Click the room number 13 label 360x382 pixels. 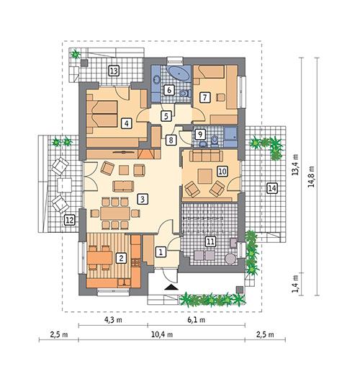click(x=114, y=70)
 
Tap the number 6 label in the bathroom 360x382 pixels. click(x=168, y=90)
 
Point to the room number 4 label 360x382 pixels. click(x=127, y=123)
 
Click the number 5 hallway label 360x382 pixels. click(x=166, y=115)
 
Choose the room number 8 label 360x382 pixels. click(x=171, y=140)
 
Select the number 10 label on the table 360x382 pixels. click(x=222, y=171)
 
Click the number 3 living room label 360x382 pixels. click(x=143, y=198)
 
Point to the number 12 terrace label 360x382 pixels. click(x=69, y=221)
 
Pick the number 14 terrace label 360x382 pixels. click(x=271, y=188)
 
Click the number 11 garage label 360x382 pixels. click(x=211, y=241)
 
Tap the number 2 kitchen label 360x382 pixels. click(x=122, y=257)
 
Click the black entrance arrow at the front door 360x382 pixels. click(x=170, y=286)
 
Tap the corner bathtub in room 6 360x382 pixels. click(x=178, y=74)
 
